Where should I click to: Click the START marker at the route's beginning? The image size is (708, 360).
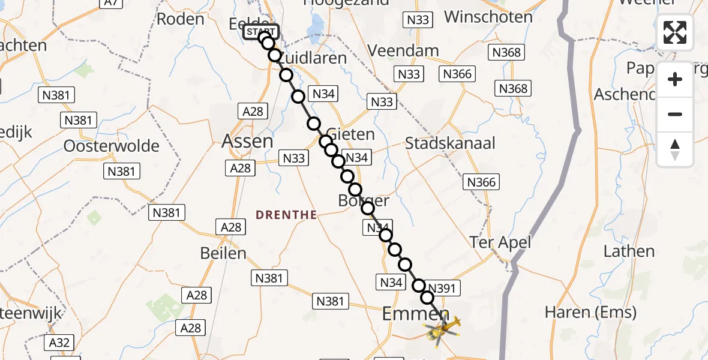pyautogui.click(x=261, y=31)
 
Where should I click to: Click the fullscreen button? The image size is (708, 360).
pyautogui.click(x=675, y=32)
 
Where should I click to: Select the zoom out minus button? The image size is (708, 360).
pyautogui.click(x=675, y=114)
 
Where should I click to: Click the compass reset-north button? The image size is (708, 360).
pyautogui.click(x=675, y=149)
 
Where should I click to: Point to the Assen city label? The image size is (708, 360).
pyautogui.click(x=247, y=141)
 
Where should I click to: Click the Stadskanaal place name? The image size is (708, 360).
pyautogui.click(x=450, y=143)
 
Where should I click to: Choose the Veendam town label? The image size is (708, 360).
pyautogui.click(x=403, y=51)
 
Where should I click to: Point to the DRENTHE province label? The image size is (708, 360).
pyautogui.click(x=286, y=215)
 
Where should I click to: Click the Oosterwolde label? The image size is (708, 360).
pyautogui.click(x=111, y=146)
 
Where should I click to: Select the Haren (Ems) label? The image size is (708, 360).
pyautogui.click(x=590, y=313)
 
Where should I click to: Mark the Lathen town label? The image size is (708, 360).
pyautogui.click(x=629, y=251)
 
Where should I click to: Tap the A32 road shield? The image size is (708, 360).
pyautogui.click(x=59, y=343)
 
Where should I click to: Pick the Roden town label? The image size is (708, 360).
pyautogui.click(x=180, y=19)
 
